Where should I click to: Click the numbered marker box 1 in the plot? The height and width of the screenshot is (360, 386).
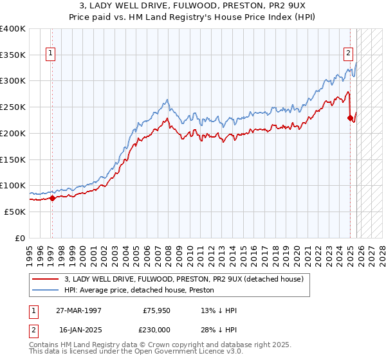coord(51,54)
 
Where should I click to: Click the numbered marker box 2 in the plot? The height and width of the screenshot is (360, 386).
coord(348,54)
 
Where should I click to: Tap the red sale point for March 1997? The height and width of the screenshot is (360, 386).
coord(52,198)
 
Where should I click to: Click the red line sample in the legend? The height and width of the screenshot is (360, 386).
coord(46,278)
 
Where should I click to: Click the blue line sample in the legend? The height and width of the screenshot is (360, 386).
coord(46,289)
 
